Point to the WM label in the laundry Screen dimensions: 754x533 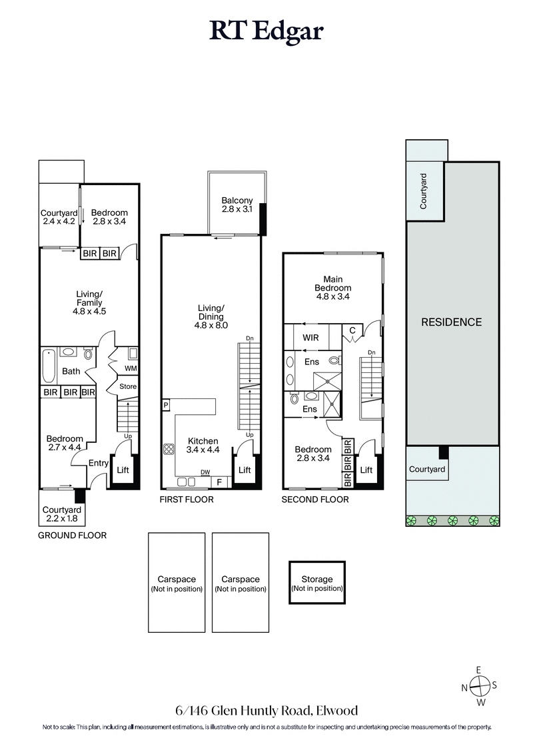pos(131,368)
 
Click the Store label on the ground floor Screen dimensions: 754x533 pos(127,386)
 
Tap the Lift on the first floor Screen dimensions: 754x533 pos(245,470)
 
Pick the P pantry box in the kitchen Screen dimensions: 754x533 pos(165,404)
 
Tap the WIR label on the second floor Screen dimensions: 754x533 pos(310,337)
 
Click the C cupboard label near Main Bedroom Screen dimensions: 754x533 pos(351,330)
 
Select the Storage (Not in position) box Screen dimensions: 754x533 pos(317,584)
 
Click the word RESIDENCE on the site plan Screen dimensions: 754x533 pos(451,322)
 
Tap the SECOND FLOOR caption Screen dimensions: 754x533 pos(314,499)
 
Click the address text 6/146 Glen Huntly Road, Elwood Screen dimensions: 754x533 pos(266,711)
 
